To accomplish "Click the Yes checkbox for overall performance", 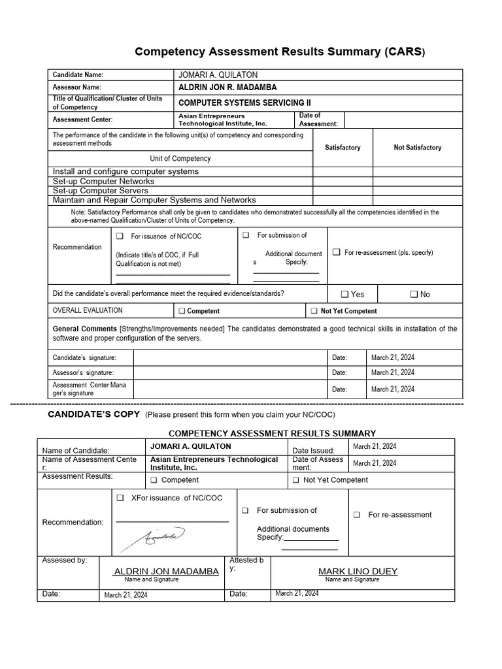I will pyautogui.click(x=345, y=294).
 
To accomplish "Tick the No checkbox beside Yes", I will pyautogui.click(x=414, y=294).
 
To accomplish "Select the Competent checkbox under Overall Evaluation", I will pyautogui.click(x=182, y=311).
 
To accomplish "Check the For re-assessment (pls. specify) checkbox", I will pyautogui.click(x=336, y=252).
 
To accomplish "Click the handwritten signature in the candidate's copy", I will pyautogui.click(x=157, y=537).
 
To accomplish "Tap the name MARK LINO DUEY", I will pyautogui.click(x=358, y=571).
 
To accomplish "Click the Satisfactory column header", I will pyautogui.click(x=343, y=148).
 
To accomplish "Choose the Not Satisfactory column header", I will pyautogui.click(x=417, y=148).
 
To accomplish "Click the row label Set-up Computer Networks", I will pyautogui.click(x=104, y=181).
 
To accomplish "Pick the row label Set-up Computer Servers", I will pyautogui.click(x=101, y=190).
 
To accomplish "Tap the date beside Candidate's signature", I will pyautogui.click(x=392, y=357).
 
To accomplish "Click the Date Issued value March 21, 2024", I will pyautogui.click(x=375, y=446).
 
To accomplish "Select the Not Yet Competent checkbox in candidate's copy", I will pyautogui.click(x=296, y=480).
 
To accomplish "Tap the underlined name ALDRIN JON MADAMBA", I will pyautogui.click(x=167, y=571).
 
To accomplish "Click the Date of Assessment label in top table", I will pyautogui.click(x=318, y=120).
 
